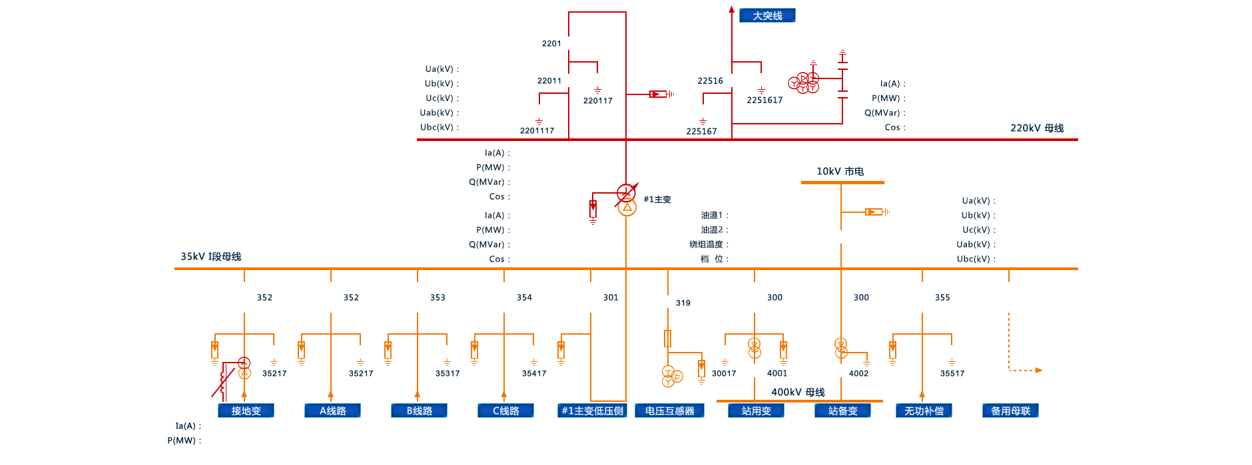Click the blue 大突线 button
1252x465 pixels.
coord(767,15)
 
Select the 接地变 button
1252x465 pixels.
coord(246,410)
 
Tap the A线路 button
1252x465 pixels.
coord(332,410)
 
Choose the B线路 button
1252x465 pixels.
coord(419,410)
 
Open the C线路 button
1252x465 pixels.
coord(505,410)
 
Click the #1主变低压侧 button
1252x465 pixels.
coord(592,410)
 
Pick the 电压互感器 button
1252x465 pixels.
coord(669,410)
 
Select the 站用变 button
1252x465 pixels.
coord(756,410)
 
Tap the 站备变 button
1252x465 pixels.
coord(842,410)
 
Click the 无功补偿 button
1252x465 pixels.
coord(924,410)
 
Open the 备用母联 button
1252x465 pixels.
coord(1010,410)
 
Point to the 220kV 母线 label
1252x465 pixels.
coord(1037,128)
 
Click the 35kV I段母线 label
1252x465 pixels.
coord(210,256)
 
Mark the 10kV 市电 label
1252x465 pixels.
coord(840,171)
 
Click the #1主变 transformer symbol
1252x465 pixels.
coord(627,200)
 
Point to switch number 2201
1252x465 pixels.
coord(551,43)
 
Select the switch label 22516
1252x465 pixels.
coord(710,80)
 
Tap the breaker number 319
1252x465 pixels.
coord(683,303)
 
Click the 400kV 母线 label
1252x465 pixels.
coord(798,392)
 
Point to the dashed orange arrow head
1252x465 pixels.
coord(1039,370)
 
